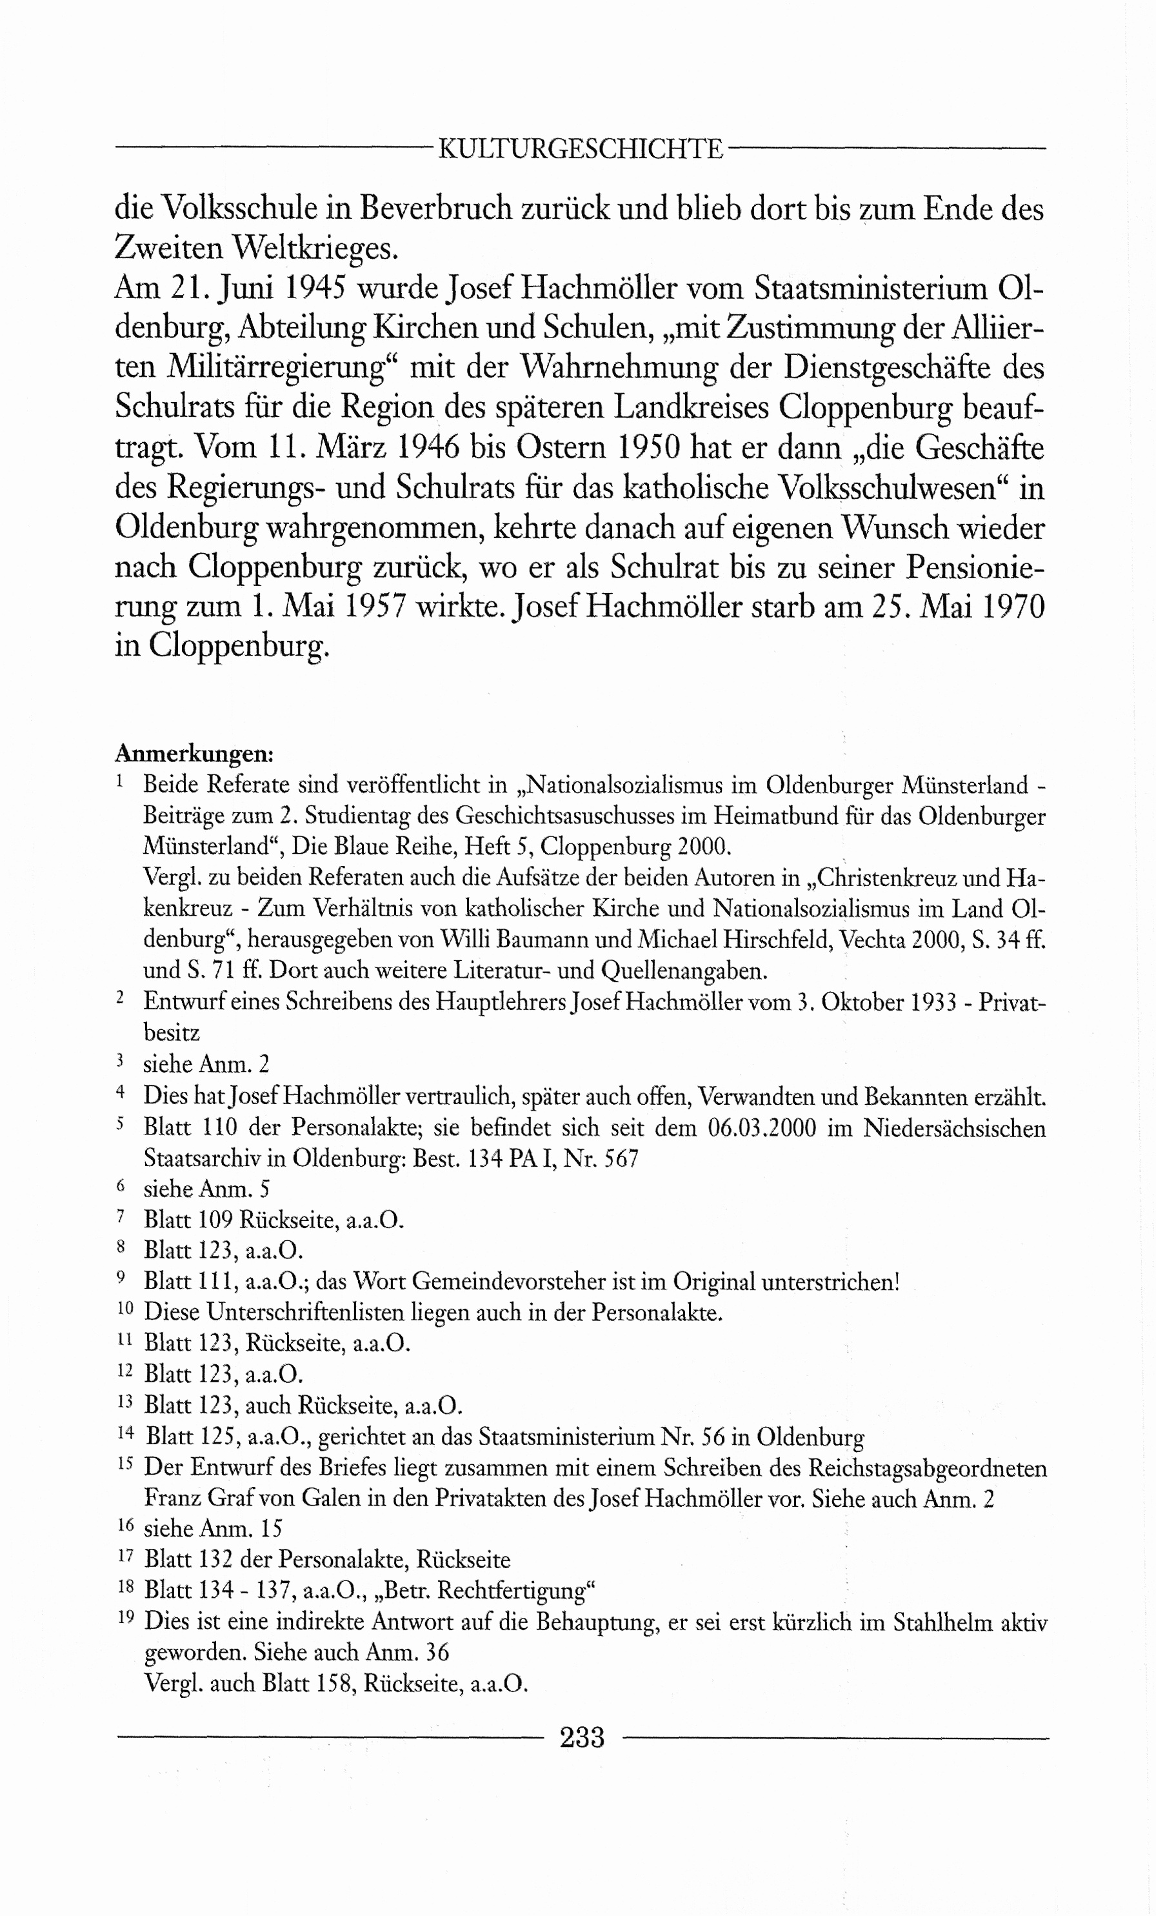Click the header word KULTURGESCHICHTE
581,148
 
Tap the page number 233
581,1737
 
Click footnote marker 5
121,1124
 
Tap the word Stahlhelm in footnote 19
942,1624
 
